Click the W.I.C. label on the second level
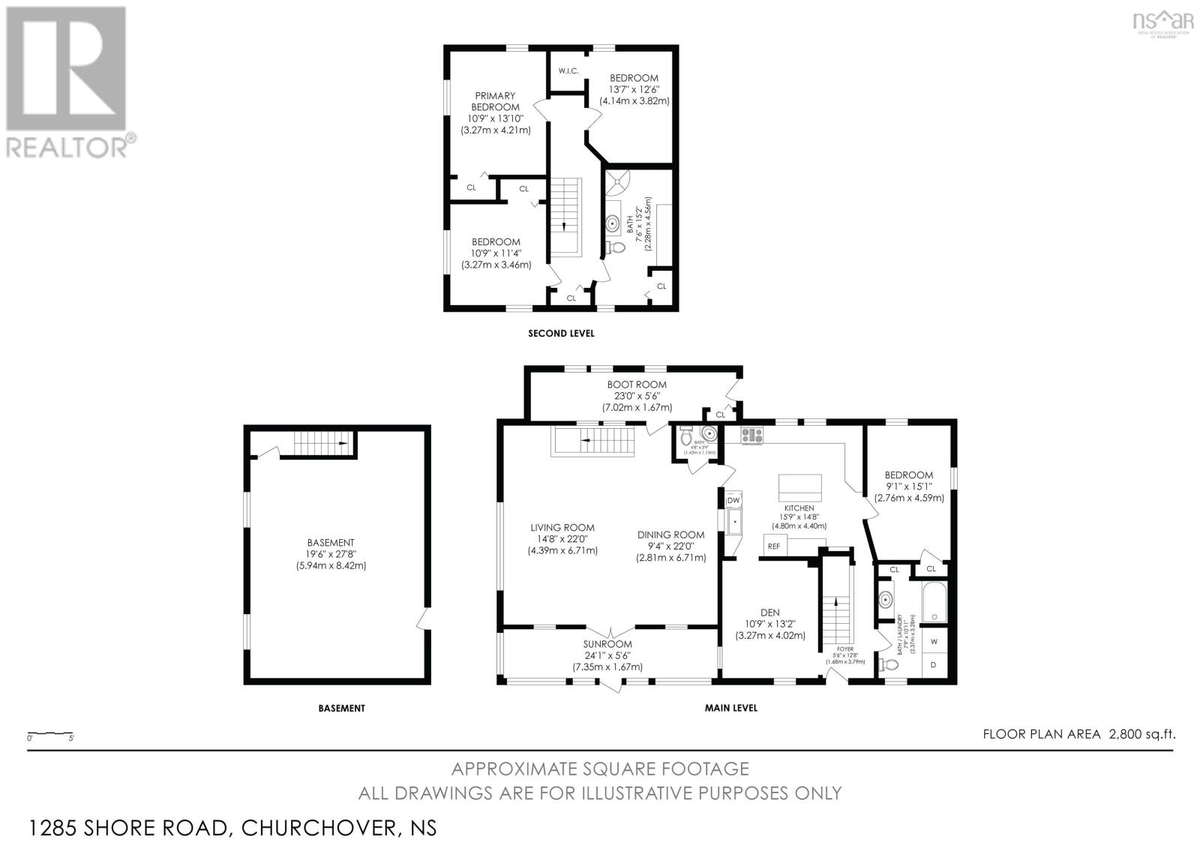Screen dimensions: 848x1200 568,71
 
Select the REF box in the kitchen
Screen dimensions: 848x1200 774,546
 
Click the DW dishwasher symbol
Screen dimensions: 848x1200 733,500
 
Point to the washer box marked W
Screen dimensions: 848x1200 934,642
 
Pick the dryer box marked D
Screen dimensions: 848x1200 934,665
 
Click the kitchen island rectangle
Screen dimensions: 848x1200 800,488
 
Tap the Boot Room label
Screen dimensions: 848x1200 637,385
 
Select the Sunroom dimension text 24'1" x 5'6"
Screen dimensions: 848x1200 607,655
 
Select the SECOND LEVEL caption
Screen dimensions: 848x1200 561,334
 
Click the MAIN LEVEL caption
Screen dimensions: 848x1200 730,708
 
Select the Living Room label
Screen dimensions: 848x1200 562,527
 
